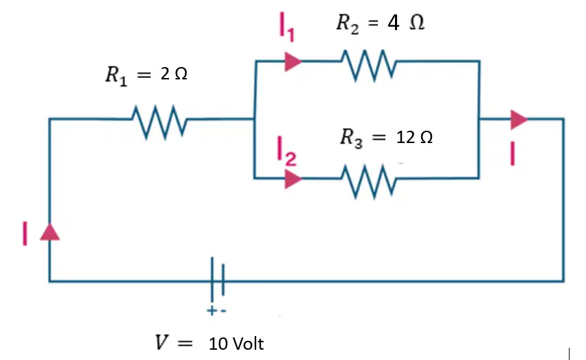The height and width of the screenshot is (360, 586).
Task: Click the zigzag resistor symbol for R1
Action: click(x=160, y=122)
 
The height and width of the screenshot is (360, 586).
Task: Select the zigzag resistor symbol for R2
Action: click(x=369, y=64)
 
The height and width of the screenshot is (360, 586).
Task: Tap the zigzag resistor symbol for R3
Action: click(x=369, y=181)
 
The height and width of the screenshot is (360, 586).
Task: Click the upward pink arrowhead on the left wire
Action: click(x=50, y=231)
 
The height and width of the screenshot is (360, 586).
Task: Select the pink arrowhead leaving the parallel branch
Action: click(x=519, y=120)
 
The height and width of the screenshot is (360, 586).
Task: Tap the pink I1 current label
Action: click(x=287, y=27)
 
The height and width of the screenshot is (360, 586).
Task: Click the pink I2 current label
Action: click(x=287, y=151)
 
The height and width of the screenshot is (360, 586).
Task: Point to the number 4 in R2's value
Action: click(x=393, y=23)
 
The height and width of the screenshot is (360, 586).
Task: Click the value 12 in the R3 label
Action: click(x=405, y=138)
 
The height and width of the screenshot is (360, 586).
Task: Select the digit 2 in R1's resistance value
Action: click(x=165, y=73)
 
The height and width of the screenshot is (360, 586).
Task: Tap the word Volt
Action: click(x=248, y=344)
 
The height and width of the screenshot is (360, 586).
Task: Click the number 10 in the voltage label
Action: click(x=218, y=344)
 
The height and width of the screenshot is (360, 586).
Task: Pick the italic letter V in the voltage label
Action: click(x=162, y=342)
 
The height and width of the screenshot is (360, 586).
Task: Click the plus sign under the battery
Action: click(x=212, y=310)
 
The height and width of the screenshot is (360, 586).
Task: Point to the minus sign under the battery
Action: click(x=223, y=311)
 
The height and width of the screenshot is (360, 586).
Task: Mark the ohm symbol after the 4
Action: click(x=417, y=23)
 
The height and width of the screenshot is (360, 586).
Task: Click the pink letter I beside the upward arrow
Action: click(x=25, y=233)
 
